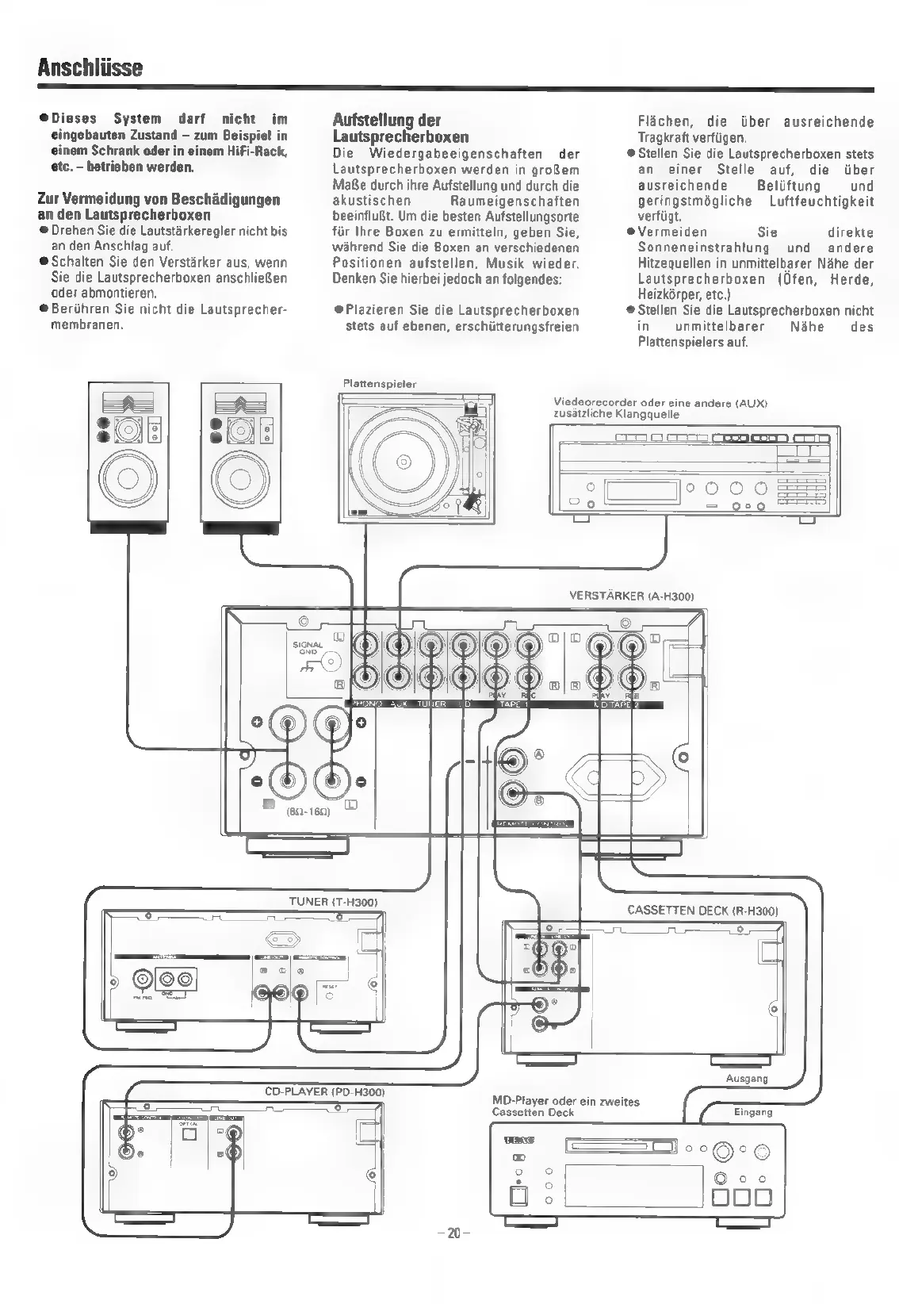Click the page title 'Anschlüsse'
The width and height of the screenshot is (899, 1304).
[x=89, y=67]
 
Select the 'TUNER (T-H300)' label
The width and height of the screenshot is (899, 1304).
[x=332, y=902]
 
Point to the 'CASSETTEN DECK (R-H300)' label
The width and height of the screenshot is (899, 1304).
[x=702, y=910]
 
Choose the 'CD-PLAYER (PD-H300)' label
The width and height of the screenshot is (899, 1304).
[x=324, y=1092]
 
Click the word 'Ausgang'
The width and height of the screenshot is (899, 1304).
[x=747, y=1079]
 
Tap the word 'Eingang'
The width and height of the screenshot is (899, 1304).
[x=752, y=1112]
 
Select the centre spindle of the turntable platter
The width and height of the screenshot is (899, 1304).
[x=400, y=461]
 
